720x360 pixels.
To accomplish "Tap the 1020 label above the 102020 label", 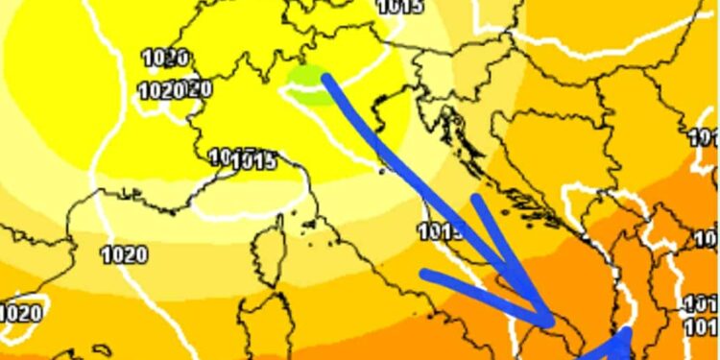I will click(x=165, y=58).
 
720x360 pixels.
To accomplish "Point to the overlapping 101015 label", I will click(x=242, y=158).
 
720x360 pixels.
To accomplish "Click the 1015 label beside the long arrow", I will click(x=441, y=231).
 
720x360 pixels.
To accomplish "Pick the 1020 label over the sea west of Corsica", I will click(x=124, y=254).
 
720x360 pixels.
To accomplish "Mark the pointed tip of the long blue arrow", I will click(x=553, y=322).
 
